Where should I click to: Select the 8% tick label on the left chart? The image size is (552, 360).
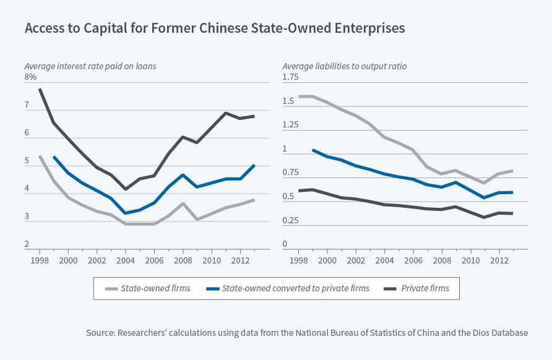pos(31,77)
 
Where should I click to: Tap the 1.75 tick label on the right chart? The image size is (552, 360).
pos(291,77)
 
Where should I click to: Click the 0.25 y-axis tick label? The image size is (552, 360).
pos(291,220)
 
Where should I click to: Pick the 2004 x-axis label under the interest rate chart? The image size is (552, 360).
pos(126,260)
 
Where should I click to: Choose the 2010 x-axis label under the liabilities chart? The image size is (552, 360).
pos(471,260)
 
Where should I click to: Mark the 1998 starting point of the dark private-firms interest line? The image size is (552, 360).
pos(40,89)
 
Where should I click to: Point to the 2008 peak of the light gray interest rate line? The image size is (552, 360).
pos(183,204)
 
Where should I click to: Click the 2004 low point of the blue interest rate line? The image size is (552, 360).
pos(126,213)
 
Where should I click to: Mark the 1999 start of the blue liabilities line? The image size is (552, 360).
pos(313,150)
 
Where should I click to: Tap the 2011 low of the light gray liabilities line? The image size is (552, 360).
pos(485,183)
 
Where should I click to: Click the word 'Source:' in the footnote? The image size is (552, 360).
pos(100,333)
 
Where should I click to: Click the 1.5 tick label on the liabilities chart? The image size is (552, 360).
pos(288,101)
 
